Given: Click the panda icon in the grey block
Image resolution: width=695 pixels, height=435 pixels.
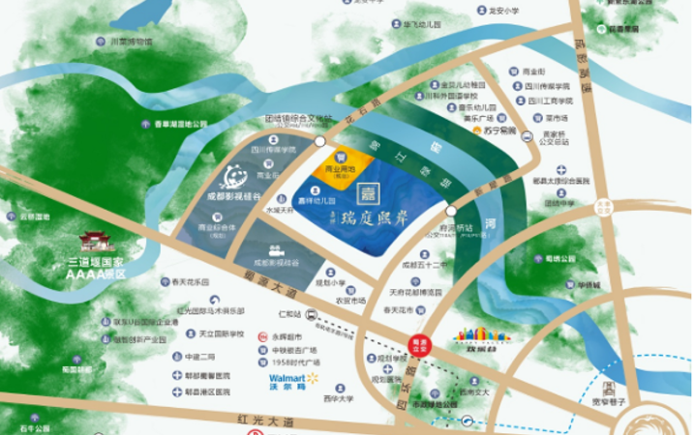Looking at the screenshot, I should (232, 177).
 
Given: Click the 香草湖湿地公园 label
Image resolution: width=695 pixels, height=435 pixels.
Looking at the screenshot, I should (180, 124).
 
